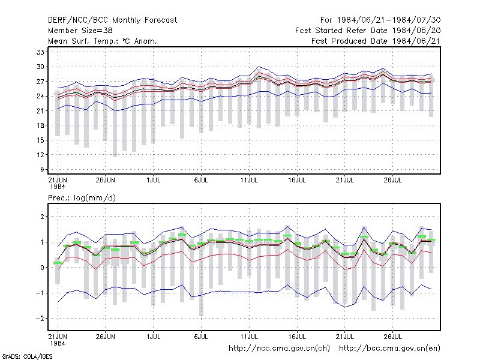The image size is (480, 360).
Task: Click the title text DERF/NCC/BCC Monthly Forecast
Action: [112, 20]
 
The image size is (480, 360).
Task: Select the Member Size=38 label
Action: [80, 31]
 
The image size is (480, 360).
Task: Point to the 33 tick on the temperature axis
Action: [40, 52]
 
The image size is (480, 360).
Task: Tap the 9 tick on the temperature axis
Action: [42, 169]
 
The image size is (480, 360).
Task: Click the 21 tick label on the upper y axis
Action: [40, 111]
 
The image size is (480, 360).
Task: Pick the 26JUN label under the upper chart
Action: [106, 180]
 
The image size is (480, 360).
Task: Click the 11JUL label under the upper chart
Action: [249, 180]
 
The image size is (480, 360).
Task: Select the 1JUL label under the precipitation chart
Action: [154, 337]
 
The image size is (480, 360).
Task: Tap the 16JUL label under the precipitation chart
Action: [297, 337]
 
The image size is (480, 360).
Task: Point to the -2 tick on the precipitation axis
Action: [40, 319]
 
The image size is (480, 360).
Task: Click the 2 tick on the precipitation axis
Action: [42, 217]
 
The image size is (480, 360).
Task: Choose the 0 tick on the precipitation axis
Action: [42, 268]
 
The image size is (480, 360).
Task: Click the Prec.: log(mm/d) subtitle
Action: [82, 198]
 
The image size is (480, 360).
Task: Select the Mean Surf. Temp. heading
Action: [102, 41]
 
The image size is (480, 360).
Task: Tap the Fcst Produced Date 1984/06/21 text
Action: [376, 41]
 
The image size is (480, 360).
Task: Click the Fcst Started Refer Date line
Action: [368, 31]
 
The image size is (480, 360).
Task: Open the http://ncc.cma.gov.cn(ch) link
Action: [279, 349]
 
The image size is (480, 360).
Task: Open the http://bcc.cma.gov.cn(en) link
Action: [389, 349]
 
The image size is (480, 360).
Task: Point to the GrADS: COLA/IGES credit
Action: [27, 356]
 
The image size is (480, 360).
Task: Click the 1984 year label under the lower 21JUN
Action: [58, 343]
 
